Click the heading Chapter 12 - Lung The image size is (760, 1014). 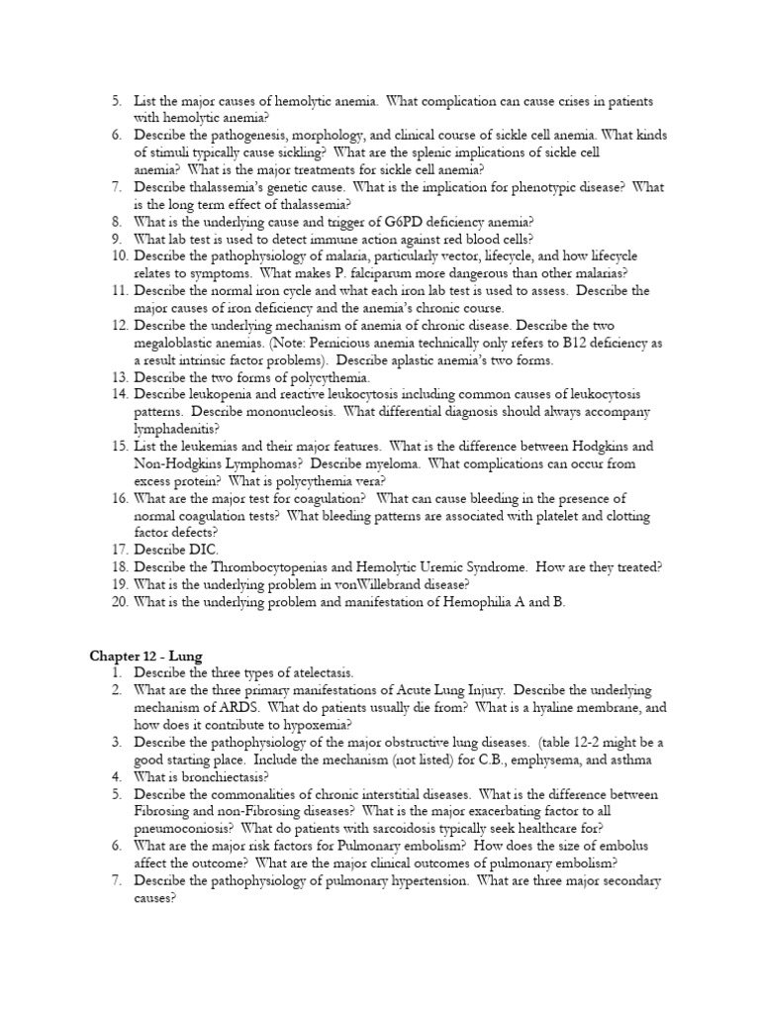coord(146,656)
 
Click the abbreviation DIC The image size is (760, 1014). coord(200,550)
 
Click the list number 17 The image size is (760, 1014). coord(120,550)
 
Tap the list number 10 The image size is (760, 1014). coord(120,255)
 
